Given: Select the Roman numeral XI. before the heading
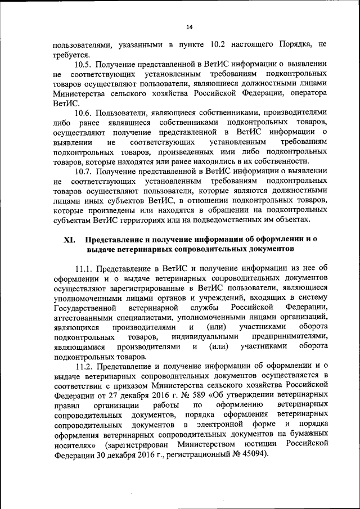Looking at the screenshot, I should (69, 238).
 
